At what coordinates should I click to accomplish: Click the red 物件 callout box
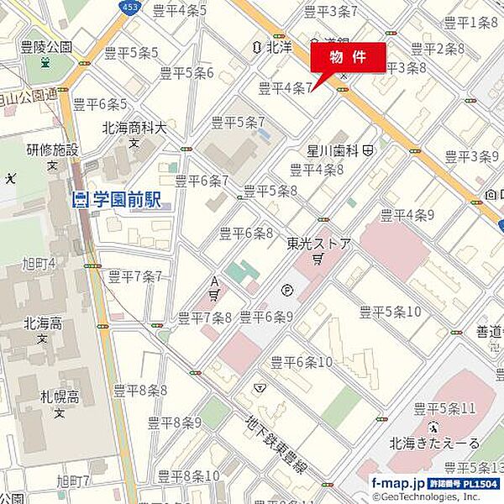(349, 57)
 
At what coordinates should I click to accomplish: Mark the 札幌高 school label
(59, 396)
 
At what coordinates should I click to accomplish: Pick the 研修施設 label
(52, 150)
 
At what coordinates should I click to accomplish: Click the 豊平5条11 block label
(446, 408)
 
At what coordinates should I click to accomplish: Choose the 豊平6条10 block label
(302, 361)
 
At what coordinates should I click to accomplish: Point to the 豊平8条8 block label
(140, 390)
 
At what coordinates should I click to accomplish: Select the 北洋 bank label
(278, 48)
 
